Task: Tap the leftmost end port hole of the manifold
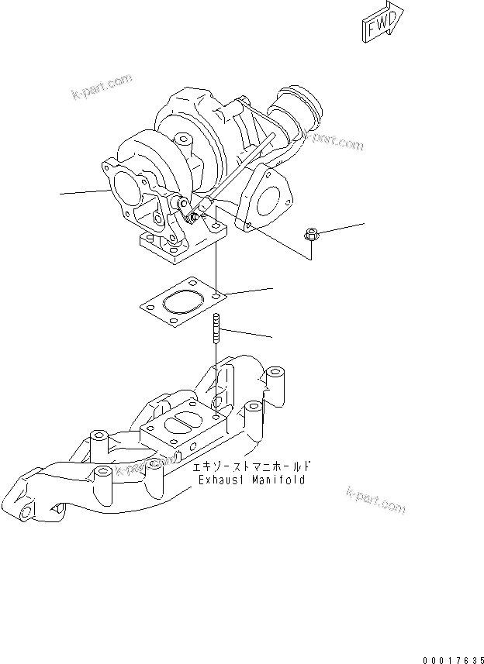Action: (28, 512)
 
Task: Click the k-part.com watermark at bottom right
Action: (376, 501)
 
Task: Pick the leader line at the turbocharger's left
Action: (81, 191)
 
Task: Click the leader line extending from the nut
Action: (341, 228)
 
